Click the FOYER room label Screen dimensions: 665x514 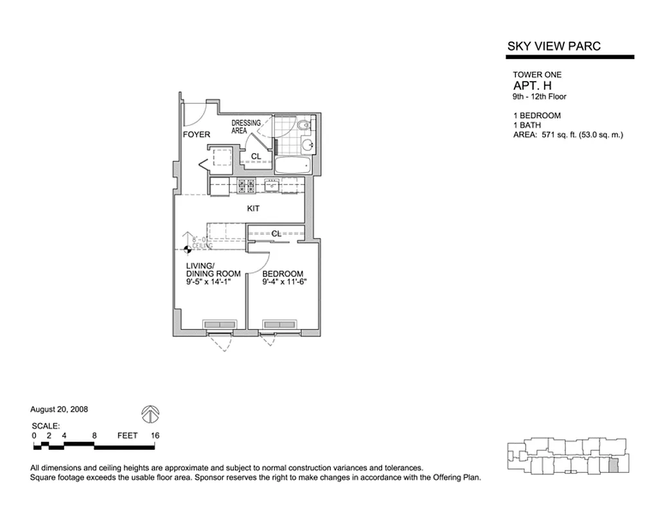pyautogui.click(x=197, y=134)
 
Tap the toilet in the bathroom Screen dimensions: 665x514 pyautogui.click(x=305, y=125)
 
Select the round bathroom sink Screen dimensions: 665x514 pyautogui.click(x=308, y=145)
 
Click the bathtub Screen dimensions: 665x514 pyautogui.click(x=293, y=164)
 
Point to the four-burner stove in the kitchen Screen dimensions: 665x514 pyautogui.click(x=246, y=186)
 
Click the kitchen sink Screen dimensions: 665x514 pyautogui.click(x=271, y=185)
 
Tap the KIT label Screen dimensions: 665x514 pyautogui.click(x=253, y=208)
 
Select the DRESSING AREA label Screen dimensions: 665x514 pyautogui.click(x=246, y=127)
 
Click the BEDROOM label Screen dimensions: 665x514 pyautogui.click(x=283, y=274)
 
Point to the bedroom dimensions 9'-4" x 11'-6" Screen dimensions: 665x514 pyautogui.click(x=284, y=282)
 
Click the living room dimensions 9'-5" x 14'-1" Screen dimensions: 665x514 pyautogui.click(x=208, y=281)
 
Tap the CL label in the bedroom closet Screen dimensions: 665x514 pyautogui.click(x=276, y=234)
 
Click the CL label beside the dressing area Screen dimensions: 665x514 pyautogui.click(x=256, y=157)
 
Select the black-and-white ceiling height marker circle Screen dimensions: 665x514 pyautogui.click(x=187, y=249)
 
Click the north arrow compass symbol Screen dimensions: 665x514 pyautogui.click(x=150, y=414)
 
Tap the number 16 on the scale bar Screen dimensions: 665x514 pyautogui.click(x=155, y=436)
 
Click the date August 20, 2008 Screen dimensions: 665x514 pyautogui.click(x=59, y=409)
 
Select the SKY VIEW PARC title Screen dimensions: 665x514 pyautogui.click(x=554, y=46)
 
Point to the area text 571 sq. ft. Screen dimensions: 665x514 pyautogui.click(x=558, y=136)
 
